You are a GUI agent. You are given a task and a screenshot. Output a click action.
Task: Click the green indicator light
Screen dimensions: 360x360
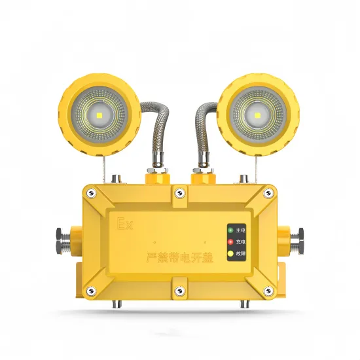pos(230,230)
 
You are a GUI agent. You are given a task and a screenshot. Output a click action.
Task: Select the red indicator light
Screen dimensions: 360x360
pos(230,242)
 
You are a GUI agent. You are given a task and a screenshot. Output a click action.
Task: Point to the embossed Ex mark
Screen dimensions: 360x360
pos(124,225)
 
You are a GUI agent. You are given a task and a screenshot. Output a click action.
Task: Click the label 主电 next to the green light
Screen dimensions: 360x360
pos(242,230)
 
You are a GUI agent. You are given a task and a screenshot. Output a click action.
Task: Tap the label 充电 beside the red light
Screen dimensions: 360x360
pos(242,242)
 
